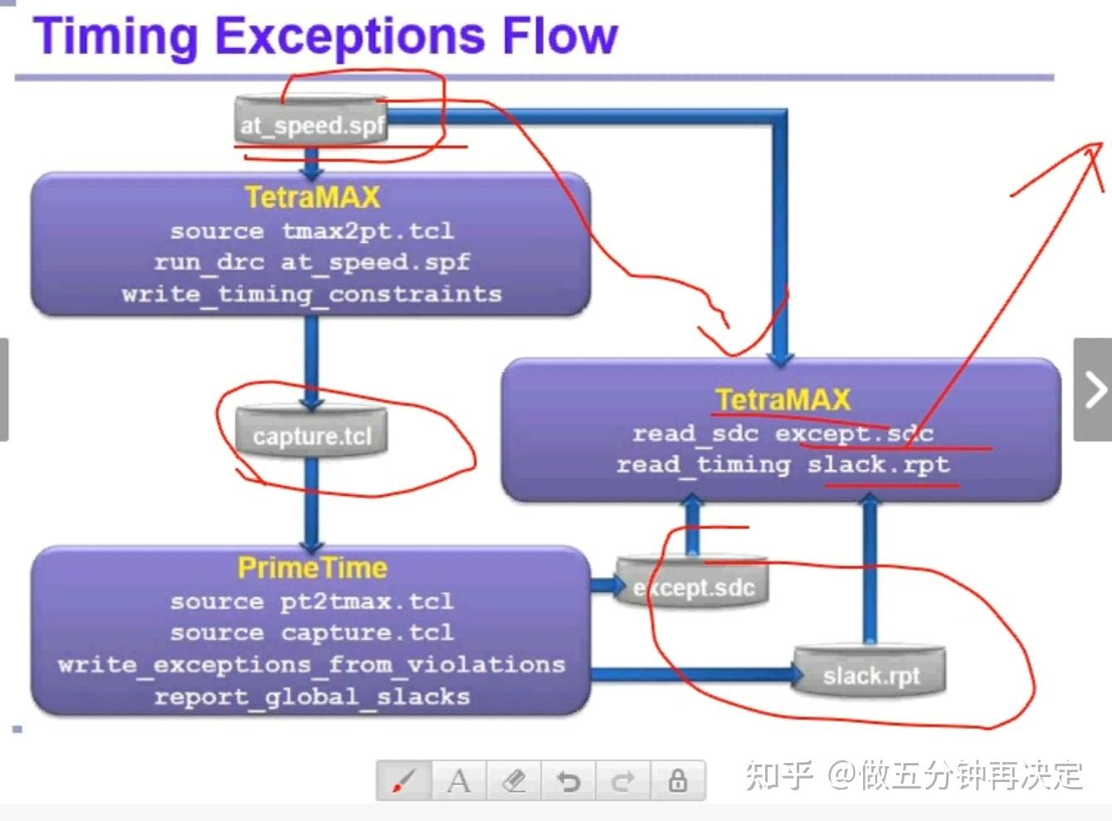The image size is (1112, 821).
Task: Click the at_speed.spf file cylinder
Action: click(312, 124)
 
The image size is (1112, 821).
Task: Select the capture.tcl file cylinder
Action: click(311, 435)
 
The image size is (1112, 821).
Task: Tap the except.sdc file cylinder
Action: click(693, 587)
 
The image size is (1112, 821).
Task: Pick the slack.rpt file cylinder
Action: click(871, 675)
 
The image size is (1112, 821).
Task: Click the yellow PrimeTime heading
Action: click(312, 568)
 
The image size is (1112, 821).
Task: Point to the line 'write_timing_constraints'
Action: click(311, 294)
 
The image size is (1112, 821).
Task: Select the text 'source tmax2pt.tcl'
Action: click(311, 231)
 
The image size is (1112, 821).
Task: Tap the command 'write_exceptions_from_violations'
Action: click(311, 664)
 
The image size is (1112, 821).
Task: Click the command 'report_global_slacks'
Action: click(311, 697)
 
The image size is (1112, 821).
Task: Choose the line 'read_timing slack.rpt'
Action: click(783, 464)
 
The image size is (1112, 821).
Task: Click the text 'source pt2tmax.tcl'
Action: click(311, 601)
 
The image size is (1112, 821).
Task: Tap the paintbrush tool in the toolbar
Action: click(404, 780)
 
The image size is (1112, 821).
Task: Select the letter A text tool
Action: click(459, 780)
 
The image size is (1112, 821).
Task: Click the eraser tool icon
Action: click(515, 780)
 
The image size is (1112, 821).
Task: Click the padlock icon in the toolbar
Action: click(678, 780)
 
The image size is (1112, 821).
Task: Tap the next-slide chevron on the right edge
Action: click(1094, 389)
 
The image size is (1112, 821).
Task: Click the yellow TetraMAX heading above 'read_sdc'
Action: click(783, 400)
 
